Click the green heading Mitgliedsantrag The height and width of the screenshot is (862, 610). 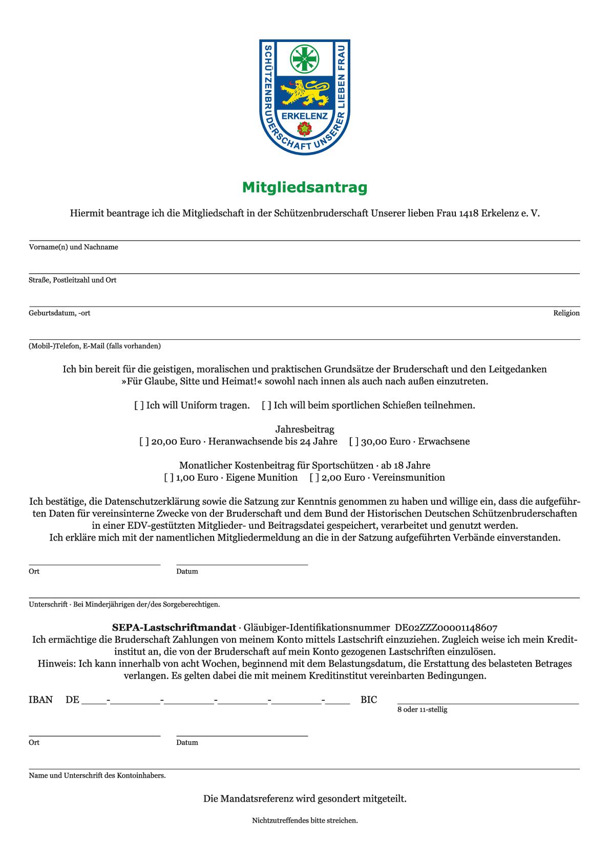click(x=305, y=188)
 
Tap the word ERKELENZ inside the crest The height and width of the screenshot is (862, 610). click(x=305, y=116)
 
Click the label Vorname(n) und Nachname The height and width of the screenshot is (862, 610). click(x=73, y=247)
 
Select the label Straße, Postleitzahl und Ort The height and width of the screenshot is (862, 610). click(x=72, y=280)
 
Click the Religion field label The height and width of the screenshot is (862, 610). click(x=566, y=313)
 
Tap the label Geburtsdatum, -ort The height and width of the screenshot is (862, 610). click(x=59, y=313)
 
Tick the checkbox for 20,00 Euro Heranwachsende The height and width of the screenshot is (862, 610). click(x=144, y=442)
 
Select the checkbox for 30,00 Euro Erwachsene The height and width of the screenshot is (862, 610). click(x=354, y=442)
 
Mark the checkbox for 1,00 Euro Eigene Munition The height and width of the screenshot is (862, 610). click(x=169, y=478)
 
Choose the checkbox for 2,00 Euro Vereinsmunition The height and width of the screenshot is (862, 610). click(x=314, y=478)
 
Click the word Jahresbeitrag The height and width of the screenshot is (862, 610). click(x=305, y=429)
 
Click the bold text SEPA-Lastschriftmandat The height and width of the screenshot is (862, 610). click(x=174, y=628)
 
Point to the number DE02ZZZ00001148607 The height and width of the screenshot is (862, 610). click(x=446, y=628)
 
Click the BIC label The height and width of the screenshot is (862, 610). click(x=369, y=700)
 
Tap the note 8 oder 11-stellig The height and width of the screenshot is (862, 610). click(x=422, y=710)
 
